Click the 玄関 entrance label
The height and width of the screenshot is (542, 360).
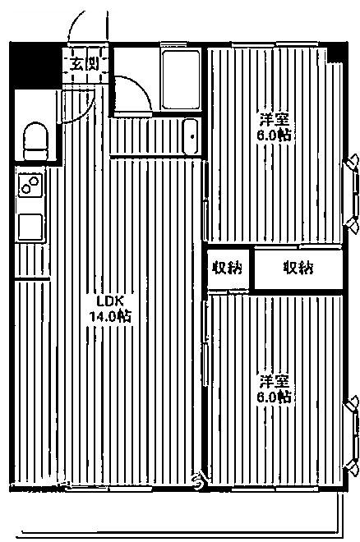coord(83,62)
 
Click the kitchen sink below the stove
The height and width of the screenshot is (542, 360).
coord(30,226)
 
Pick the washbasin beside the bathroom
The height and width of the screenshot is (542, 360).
coord(190,135)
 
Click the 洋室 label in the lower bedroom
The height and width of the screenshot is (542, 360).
coord(275,382)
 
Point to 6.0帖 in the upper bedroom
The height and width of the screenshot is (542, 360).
coord(275,135)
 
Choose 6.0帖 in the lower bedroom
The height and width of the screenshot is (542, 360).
coord(275,397)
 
